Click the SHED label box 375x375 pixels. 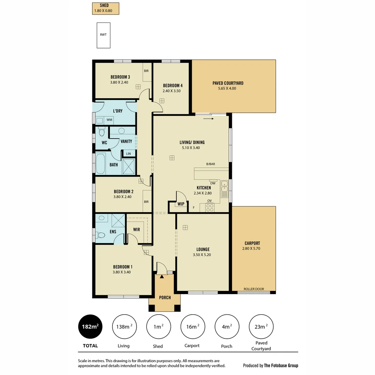pos(106,9)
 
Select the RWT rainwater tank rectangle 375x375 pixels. pos(103,35)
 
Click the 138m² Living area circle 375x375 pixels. pos(124,326)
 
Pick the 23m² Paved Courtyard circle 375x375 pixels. pos(261,326)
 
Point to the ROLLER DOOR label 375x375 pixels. pos(253,289)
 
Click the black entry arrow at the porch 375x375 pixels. pos(162,276)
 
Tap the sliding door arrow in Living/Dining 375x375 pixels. pos(208,119)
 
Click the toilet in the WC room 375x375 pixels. pos(102,132)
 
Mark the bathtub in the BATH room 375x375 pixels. pos(100,164)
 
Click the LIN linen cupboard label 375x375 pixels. pos(128,154)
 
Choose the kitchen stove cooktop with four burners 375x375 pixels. pos(210,207)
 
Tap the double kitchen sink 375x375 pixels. pos(224,189)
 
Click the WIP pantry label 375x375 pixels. pos(181,204)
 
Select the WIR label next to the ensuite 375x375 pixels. pos(136,230)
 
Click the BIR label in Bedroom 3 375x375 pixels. pos(146,70)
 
